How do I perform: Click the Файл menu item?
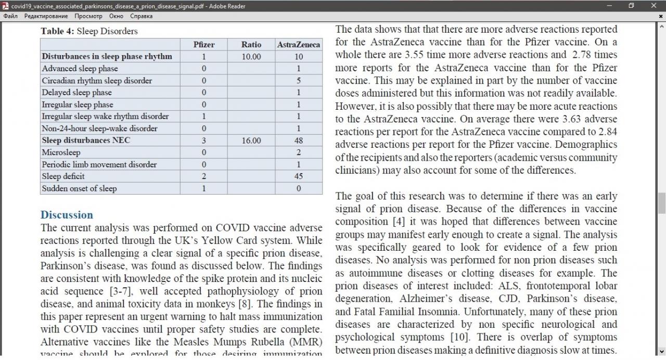click(x=10, y=16)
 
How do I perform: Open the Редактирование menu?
click(x=46, y=16)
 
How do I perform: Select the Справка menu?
click(x=141, y=16)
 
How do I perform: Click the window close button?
click(x=654, y=6)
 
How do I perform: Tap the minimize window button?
click(x=609, y=6)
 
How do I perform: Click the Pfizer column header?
click(x=203, y=44)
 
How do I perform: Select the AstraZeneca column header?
click(x=298, y=45)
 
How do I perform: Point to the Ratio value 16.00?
click(x=251, y=140)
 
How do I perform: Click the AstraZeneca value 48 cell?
click(x=298, y=140)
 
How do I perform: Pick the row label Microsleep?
click(x=61, y=152)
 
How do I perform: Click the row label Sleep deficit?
click(x=63, y=176)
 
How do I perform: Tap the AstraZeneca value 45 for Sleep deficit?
click(x=298, y=176)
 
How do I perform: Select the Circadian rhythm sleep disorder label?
click(x=97, y=81)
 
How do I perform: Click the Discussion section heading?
click(x=67, y=215)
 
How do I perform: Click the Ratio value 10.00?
click(x=251, y=56)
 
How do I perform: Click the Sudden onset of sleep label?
click(x=79, y=188)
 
